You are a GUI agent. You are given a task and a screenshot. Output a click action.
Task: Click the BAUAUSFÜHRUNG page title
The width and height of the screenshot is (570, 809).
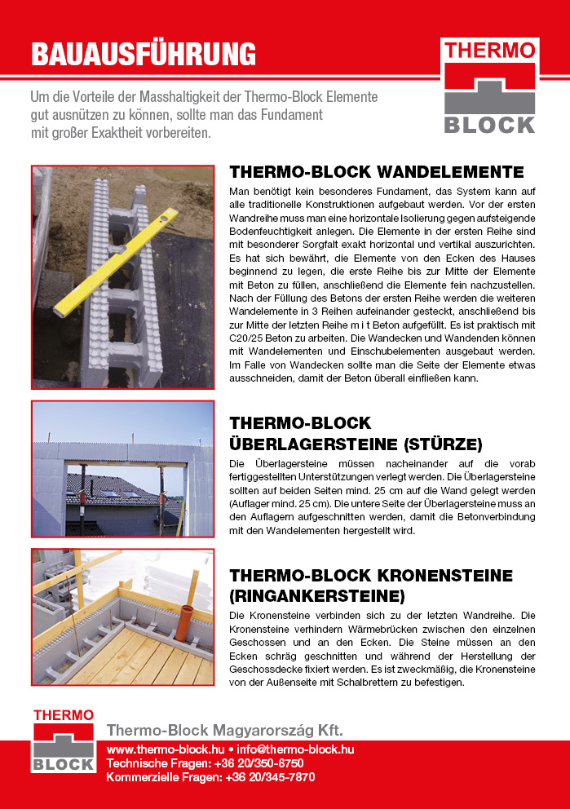point(144,54)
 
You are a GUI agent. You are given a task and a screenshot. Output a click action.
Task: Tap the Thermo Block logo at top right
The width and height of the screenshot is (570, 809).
point(489,86)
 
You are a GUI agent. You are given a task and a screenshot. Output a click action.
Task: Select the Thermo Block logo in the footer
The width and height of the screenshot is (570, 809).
point(64,741)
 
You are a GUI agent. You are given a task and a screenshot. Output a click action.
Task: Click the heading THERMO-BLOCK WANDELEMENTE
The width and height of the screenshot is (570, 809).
point(377,172)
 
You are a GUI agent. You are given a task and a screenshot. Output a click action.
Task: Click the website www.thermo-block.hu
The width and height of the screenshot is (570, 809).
point(166,749)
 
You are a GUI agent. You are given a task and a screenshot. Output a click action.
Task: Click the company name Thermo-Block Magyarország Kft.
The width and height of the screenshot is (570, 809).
point(225,730)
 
